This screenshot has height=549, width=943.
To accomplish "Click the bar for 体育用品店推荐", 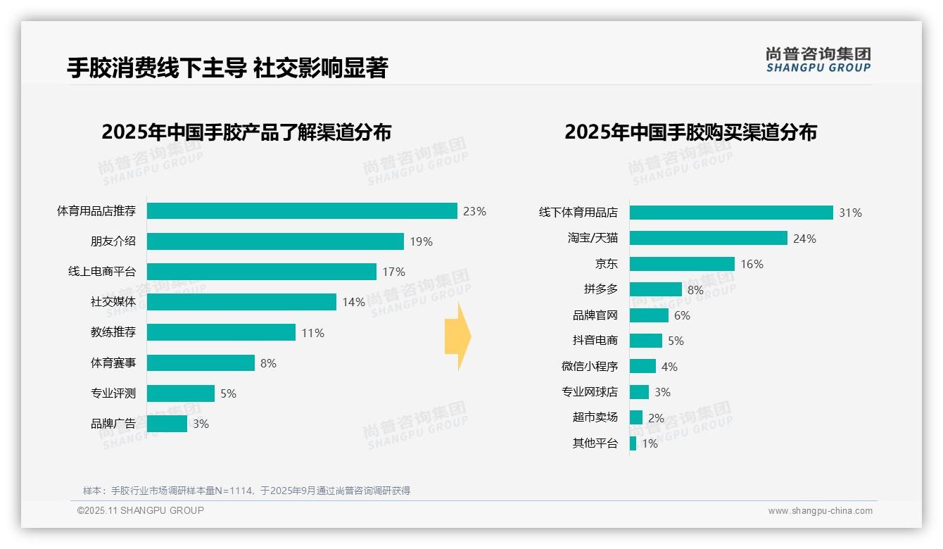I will tap(302, 211).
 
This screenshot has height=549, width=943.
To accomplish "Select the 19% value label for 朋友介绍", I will tap(421, 241).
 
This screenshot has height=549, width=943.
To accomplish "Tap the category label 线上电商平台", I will tap(102, 272).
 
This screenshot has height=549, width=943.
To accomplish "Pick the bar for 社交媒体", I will tap(241, 302).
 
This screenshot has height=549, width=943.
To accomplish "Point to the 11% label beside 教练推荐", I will tap(312, 333).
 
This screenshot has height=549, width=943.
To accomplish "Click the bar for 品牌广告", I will tap(167, 424).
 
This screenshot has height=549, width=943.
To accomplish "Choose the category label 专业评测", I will tap(113, 393).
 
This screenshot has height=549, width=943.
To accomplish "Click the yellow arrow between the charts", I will tap(458, 337).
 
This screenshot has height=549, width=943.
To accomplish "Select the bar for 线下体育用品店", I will tap(731, 213).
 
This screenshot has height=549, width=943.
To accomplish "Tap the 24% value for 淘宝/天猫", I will tap(804, 239).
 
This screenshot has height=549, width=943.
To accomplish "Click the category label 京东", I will tap(606, 264).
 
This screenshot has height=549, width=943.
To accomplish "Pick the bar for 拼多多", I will tap(655, 289).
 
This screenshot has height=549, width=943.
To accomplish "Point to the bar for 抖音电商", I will tap(645, 341).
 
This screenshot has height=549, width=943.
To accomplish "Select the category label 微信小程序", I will tap(589, 367).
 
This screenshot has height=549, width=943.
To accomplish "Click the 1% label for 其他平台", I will tap(649, 443).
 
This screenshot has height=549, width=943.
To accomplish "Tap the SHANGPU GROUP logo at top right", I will tap(818, 60).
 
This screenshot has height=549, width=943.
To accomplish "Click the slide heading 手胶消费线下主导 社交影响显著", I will tap(227, 68).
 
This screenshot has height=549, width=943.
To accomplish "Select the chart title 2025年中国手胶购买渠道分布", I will tap(690, 132).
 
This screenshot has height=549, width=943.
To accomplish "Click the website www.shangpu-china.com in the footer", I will tap(820, 511).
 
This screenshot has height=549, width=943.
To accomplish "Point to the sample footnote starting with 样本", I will tap(246, 491).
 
